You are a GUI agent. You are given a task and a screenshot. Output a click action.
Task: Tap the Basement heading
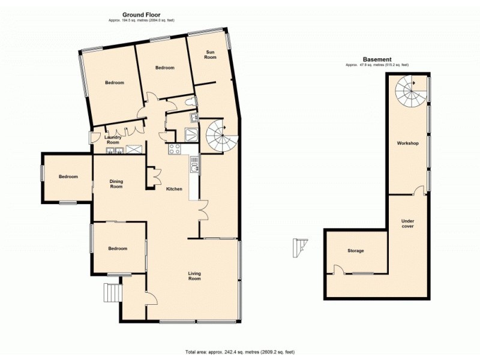point(377,59)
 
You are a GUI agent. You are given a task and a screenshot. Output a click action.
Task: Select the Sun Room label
point(210,55)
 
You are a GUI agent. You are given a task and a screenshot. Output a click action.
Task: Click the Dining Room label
point(116,184)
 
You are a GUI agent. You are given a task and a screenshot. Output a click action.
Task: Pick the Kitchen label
point(174,189)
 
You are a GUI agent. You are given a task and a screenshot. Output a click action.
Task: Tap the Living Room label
point(194,276)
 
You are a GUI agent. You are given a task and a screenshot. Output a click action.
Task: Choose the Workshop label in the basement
point(407,144)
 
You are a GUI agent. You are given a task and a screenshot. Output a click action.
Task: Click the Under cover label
point(407,224)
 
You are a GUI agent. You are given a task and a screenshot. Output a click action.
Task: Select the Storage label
point(356,251)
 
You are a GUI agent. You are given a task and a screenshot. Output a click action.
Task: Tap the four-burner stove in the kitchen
point(175,149)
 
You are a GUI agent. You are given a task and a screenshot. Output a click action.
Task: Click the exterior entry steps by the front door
point(112,293)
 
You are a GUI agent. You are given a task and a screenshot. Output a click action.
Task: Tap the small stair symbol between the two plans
point(299,247)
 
